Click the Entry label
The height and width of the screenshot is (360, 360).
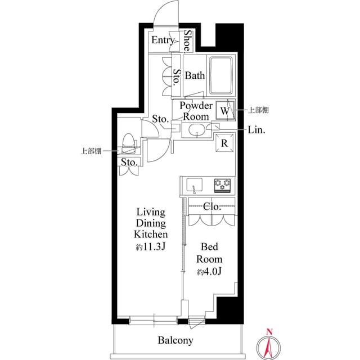(x=163, y=40)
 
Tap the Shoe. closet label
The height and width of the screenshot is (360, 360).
(x=187, y=41)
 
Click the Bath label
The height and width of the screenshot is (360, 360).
(x=195, y=75)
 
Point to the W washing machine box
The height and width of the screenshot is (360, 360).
(x=225, y=111)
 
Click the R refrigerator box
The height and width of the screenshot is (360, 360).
(x=224, y=143)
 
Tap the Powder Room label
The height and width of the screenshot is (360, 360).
(x=196, y=111)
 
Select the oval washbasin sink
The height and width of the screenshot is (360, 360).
(x=197, y=130)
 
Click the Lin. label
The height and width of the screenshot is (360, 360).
(x=256, y=130)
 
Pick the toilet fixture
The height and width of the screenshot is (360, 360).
(x=128, y=143)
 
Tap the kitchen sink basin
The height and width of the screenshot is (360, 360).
(x=195, y=184)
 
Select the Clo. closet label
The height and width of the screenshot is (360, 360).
(x=212, y=206)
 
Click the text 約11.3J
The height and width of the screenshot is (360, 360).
(x=151, y=247)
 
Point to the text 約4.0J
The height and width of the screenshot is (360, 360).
(x=209, y=272)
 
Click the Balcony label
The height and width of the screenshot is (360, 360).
(x=175, y=340)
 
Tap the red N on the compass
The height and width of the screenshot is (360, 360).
(x=269, y=331)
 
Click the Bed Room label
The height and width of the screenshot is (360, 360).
(x=209, y=253)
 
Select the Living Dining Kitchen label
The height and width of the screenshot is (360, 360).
(x=151, y=223)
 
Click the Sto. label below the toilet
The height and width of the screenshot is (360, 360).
(x=129, y=163)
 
